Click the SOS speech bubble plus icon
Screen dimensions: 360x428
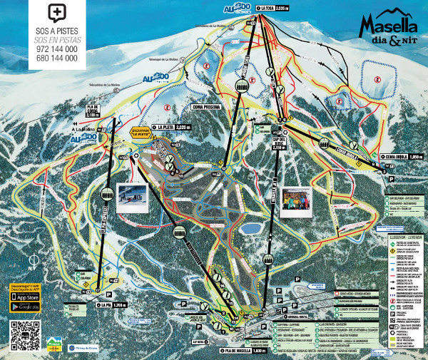tap(56, 14)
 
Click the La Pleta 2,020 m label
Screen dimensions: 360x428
tap(172, 127)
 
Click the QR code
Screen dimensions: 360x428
tap(24, 335)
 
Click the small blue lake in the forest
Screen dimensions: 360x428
tap(250, 229)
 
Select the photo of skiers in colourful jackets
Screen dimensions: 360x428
tap(295, 202)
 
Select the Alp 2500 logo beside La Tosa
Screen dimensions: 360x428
tap(237, 7)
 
